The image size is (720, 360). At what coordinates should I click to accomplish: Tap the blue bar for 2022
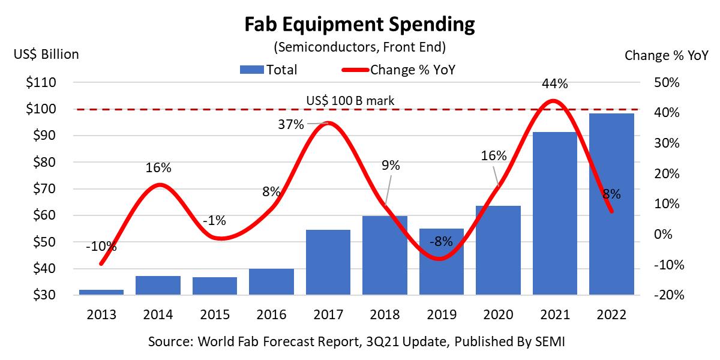(611, 204)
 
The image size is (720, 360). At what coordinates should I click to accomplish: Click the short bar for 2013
(101, 292)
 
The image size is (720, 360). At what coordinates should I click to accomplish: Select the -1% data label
(214, 220)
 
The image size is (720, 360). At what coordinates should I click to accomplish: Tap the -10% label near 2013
(101, 246)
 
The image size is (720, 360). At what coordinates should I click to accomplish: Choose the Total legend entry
(269, 70)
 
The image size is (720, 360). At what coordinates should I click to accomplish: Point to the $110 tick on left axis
(41, 83)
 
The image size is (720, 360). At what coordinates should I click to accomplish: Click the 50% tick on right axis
(666, 83)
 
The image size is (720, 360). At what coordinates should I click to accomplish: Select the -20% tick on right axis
(665, 295)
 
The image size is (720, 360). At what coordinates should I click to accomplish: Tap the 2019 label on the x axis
(441, 314)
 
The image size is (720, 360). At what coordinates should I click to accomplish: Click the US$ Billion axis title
(46, 55)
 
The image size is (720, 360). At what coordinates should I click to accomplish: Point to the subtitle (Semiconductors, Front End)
(359, 46)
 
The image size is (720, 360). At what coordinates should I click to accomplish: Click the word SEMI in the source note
(550, 342)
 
